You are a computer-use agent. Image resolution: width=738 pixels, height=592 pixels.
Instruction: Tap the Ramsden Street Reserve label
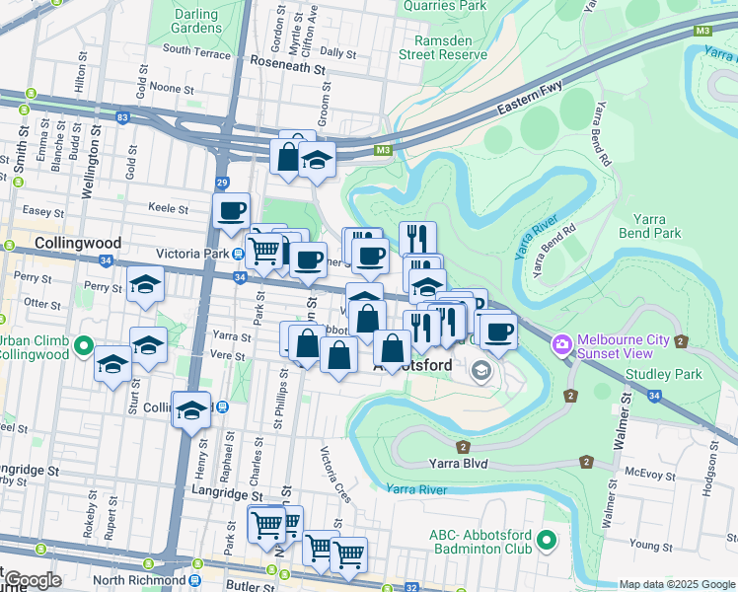point(442,47)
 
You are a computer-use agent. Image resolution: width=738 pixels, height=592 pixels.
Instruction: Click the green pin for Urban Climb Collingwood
point(84,346)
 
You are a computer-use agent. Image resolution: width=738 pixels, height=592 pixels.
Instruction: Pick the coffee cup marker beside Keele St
point(232,210)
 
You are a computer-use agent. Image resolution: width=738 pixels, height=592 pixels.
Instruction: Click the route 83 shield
point(121,117)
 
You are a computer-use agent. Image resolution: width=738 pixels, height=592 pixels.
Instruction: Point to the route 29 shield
point(222,184)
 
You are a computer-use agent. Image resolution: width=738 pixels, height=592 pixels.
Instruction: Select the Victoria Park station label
point(190,252)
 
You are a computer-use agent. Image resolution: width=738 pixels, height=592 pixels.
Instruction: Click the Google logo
point(33,580)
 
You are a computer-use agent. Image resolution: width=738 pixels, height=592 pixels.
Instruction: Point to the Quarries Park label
point(445,5)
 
